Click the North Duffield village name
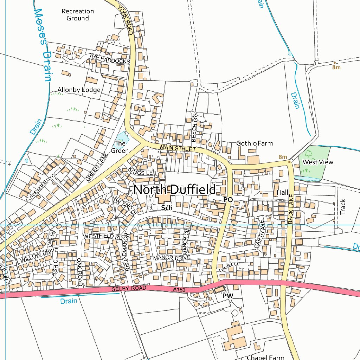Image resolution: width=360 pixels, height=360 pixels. (x=174, y=189)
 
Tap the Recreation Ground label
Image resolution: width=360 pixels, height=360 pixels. (x=77, y=14)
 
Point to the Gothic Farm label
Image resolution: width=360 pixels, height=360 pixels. (x=254, y=143)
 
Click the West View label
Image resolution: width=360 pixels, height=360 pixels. (x=318, y=162)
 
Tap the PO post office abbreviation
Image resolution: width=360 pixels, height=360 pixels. (x=228, y=200)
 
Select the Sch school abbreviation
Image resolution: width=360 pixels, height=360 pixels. (x=167, y=208)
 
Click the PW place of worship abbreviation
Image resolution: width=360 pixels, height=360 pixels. (x=227, y=296)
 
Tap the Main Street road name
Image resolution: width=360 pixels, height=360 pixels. (x=177, y=148)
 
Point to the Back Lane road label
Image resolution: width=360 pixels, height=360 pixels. (x=290, y=211)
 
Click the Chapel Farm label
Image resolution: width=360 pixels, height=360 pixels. (x=265, y=357)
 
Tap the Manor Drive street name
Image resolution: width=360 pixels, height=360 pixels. (x=172, y=258)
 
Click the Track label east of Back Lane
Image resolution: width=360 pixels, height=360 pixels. (x=343, y=207)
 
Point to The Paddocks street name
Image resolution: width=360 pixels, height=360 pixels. (x=109, y=58)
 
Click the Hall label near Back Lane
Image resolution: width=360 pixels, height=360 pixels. (x=282, y=193)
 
